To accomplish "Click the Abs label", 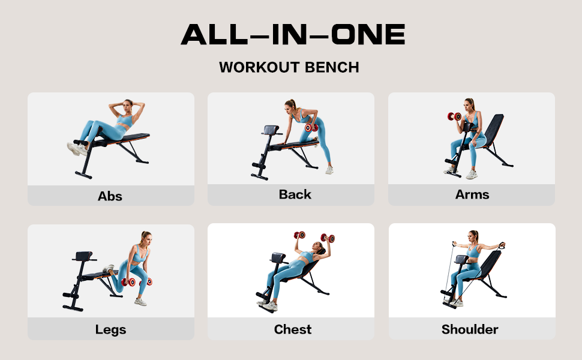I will click(110, 196).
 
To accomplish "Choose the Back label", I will click(295, 194).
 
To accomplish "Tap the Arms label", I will click(472, 194).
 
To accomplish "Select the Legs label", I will click(110, 329).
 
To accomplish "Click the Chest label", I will click(293, 329).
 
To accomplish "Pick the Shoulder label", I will click(470, 329).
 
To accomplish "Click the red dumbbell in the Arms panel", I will click(454, 116).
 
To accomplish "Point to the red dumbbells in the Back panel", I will click(311, 127).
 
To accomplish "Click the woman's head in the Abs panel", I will click(127, 106).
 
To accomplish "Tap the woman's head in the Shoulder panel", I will click(473, 236).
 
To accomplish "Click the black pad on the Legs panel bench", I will click(85, 256).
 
